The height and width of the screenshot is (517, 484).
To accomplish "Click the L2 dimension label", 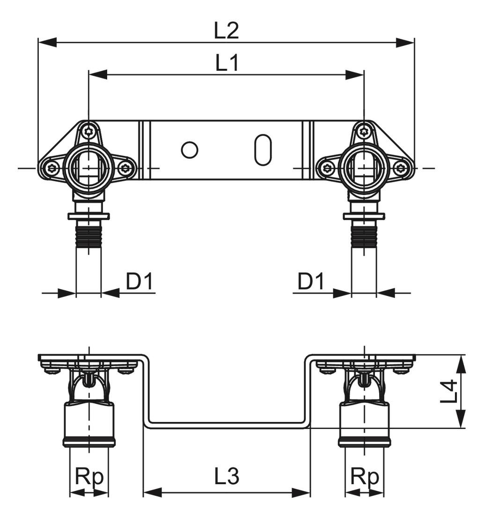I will (x=227, y=31).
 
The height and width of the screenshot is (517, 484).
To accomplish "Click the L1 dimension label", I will (x=227, y=63).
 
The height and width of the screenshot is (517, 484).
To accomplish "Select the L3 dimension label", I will (x=227, y=477).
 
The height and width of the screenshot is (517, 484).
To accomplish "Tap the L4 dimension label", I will (x=449, y=391).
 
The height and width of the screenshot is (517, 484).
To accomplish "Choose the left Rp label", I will (x=89, y=477).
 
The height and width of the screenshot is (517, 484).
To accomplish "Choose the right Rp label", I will (x=365, y=477).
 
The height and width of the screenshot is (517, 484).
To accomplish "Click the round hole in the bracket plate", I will (x=190, y=150).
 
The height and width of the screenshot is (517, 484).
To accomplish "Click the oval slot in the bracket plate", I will (x=262, y=150).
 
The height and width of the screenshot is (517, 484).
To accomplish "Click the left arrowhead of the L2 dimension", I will (x=47, y=43).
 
